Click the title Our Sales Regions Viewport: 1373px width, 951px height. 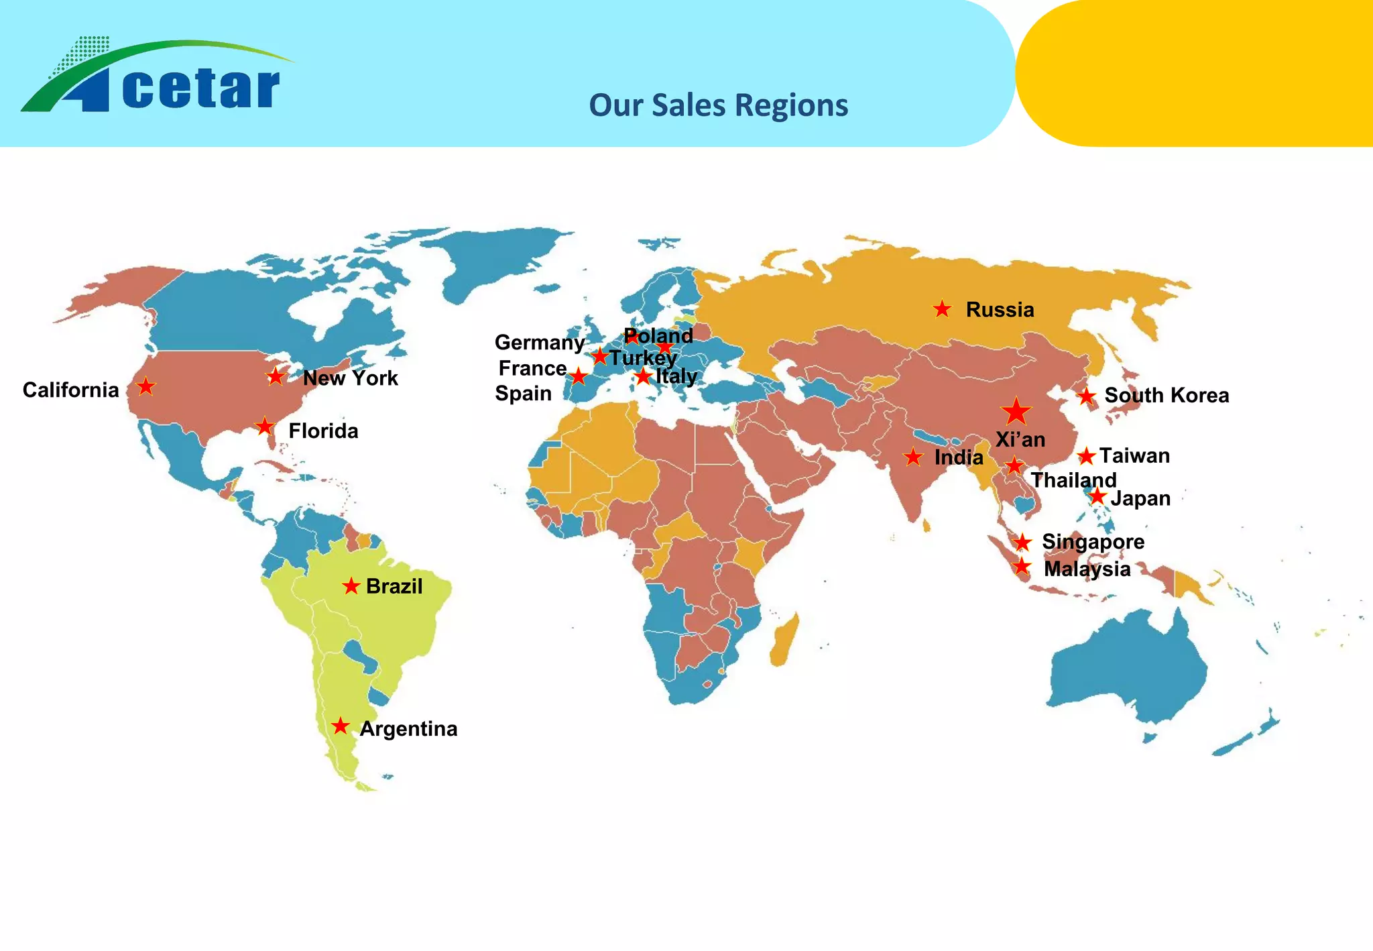pos(718,105)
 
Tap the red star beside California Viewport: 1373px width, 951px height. pos(145,386)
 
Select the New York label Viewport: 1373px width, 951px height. pos(350,378)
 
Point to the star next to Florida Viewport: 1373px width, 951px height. pos(265,427)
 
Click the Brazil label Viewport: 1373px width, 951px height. pos(394,586)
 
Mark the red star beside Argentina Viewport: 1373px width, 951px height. pos(341,726)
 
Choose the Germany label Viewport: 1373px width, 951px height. pos(540,343)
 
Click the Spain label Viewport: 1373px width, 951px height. pos(523,394)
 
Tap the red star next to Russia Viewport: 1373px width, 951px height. pos(942,309)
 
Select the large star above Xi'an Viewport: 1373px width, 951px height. pos(1016,410)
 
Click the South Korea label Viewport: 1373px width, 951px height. pos(1167,396)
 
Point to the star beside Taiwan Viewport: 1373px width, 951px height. pos(1086,457)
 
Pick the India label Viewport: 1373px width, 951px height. pos(959,457)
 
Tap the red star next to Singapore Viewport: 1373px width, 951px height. pos(1022,542)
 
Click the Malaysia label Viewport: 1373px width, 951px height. pos(1087,569)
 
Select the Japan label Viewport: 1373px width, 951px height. pos(1140,498)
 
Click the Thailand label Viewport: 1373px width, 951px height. pos(1073,480)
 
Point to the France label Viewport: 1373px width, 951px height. pos(533,368)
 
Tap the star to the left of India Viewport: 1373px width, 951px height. pos(913,457)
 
